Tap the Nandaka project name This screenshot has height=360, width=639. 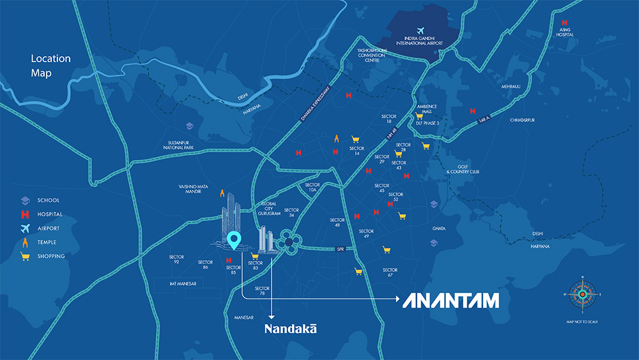point(291,328)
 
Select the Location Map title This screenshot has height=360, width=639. point(50,66)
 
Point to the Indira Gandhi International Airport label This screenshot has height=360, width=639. point(420,40)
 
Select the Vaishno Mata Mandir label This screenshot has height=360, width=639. point(194,190)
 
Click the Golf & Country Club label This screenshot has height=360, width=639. point(463,169)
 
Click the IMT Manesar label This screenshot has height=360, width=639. point(183,283)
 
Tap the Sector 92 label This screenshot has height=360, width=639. point(176,260)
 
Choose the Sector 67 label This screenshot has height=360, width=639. point(390,273)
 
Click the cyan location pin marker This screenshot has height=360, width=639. point(235,240)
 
